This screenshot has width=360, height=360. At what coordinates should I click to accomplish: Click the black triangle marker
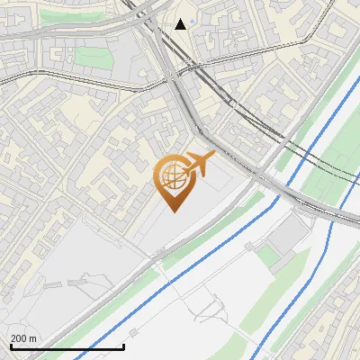[181, 23]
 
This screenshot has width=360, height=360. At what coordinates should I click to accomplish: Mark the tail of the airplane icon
[183, 166]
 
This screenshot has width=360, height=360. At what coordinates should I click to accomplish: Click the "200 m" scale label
[24, 338]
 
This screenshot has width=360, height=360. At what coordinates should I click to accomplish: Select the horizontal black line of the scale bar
[67, 347]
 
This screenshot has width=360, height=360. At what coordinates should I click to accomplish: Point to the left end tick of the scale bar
[10, 346]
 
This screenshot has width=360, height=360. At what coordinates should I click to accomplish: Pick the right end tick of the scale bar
[123, 346]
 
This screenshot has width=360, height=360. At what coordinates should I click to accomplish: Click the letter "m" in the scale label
[33, 338]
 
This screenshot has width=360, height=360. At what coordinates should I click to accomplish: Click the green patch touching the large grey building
[270, 256]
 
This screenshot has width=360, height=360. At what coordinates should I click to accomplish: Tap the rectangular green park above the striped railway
[89, 57]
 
